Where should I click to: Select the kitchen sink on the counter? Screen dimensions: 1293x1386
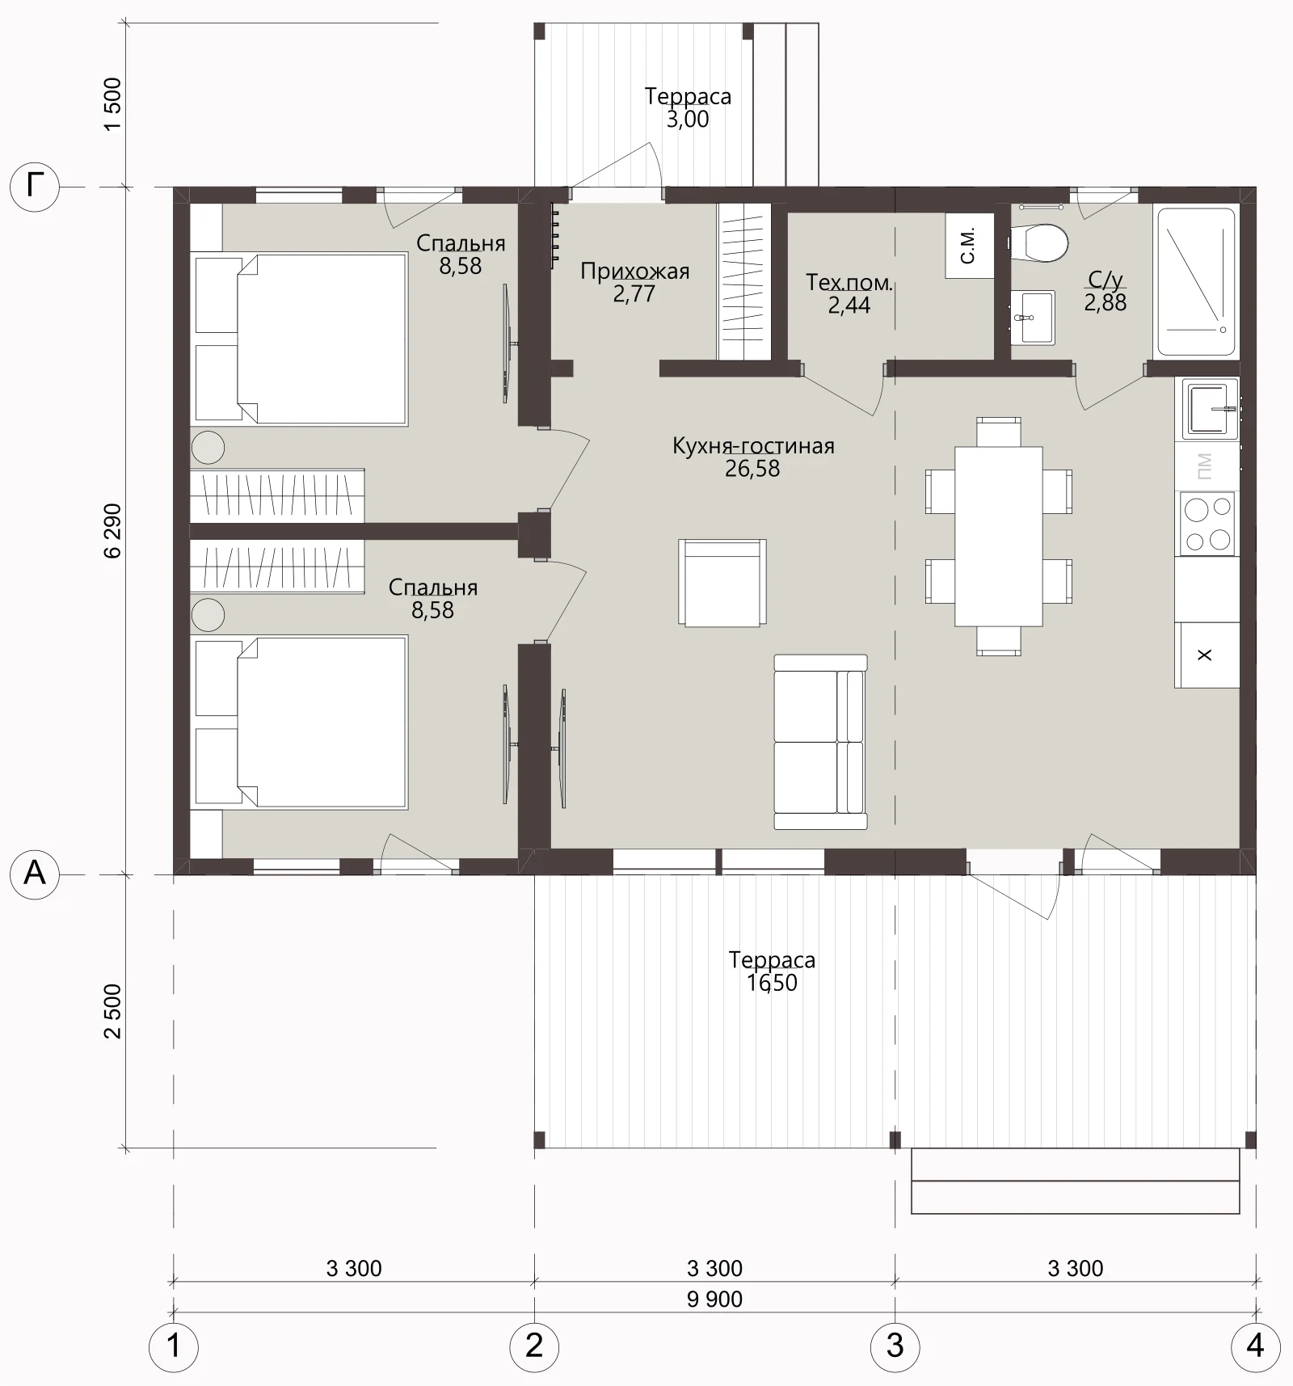click(1211, 409)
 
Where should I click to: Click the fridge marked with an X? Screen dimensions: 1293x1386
click(1207, 655)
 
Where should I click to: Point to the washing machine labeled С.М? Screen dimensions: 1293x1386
click(970, 246)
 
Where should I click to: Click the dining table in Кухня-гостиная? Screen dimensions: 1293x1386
click(999, 536)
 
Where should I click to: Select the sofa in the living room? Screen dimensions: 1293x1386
click(820, 742)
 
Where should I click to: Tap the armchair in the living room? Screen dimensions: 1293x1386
click(722, 583)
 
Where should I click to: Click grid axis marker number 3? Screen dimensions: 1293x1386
click(895, 1346)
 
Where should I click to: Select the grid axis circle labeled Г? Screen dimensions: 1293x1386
click(35, 187)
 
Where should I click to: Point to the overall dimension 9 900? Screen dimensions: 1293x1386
click(714, 1299)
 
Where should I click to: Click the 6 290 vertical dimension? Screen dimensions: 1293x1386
click(112, 530)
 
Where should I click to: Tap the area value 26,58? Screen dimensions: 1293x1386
click(752, 469)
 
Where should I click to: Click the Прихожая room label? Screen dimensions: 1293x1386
click(635, 272)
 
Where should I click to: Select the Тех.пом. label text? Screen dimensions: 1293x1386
click(849, 283)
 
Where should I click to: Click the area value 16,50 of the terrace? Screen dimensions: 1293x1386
click(772, 983)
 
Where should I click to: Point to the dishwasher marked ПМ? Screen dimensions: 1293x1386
click(1205, 466)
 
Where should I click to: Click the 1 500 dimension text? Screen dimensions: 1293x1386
click(112, 103)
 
